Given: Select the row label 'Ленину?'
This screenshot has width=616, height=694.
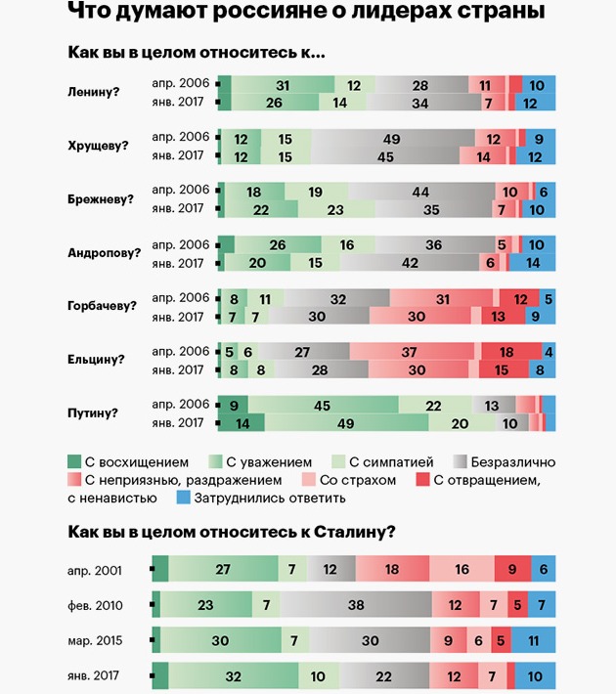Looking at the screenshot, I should (x=96, y=92).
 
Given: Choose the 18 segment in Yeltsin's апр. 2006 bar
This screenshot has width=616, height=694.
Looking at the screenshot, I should (x=506, y=352).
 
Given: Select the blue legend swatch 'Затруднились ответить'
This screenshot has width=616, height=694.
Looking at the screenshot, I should (x=182, y=499).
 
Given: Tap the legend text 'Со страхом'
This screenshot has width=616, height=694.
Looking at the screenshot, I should (x=356, y=480).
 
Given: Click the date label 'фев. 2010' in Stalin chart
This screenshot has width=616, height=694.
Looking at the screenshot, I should (x=108, y=605).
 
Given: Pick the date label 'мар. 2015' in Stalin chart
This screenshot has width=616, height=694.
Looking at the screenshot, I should (x=108, y=641).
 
